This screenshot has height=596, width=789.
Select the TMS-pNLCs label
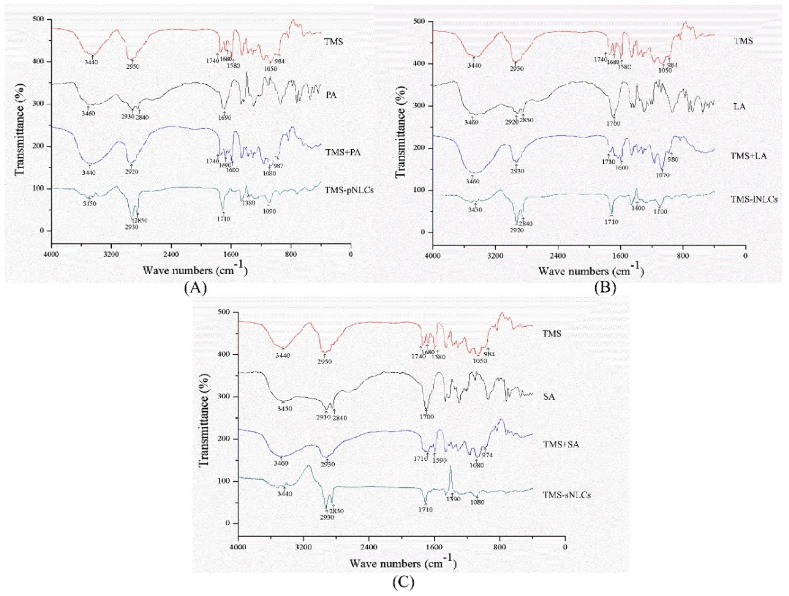349,191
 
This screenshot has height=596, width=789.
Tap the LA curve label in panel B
740,106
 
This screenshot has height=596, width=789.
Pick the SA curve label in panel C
549,396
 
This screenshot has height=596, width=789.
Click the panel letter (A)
195,287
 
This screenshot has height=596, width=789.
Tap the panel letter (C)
404,582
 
